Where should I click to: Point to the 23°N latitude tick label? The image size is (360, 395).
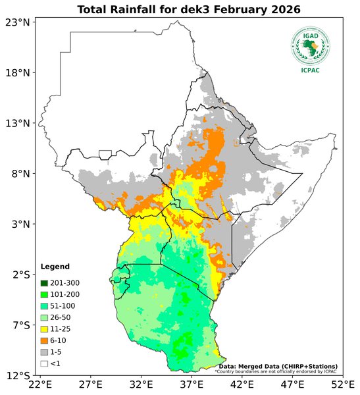[18, 22]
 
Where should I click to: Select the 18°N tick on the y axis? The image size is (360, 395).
[18, 73]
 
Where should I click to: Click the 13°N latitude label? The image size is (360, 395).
[18, 123]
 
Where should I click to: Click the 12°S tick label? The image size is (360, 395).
[18, 375]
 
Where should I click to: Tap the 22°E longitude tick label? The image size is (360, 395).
[40, 385]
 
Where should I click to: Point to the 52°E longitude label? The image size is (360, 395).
[342, 385]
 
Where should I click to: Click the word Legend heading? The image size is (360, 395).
[54, 267]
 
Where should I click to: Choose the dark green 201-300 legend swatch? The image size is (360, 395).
[45, 283]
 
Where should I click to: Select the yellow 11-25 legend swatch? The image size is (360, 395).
[45, 329]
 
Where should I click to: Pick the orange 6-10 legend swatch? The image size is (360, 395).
[45, 340]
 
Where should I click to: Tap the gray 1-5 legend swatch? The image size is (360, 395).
[45, 352]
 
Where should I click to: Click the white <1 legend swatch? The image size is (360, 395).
[45, 363]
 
